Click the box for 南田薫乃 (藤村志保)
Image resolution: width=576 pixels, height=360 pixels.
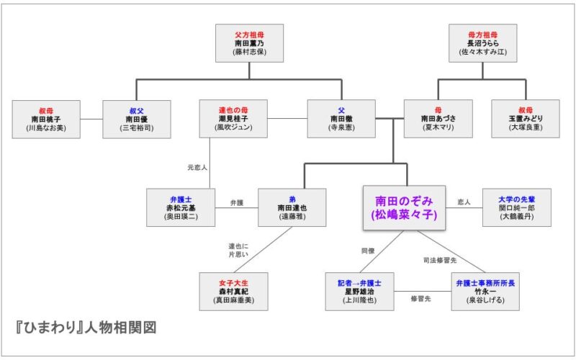249,43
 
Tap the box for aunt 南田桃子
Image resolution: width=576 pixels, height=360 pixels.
46,119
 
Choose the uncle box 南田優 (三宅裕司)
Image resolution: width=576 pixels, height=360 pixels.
136,119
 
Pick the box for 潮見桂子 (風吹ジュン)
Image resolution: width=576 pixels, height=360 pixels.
233,119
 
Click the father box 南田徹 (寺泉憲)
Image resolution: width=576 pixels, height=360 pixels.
341,119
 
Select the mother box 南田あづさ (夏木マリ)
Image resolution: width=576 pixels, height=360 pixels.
438,119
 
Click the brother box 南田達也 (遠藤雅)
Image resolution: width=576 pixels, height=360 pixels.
292,207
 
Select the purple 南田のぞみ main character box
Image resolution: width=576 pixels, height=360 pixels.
404,208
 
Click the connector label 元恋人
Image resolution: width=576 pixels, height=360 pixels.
197,167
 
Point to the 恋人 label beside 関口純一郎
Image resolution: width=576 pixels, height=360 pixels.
463,203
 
